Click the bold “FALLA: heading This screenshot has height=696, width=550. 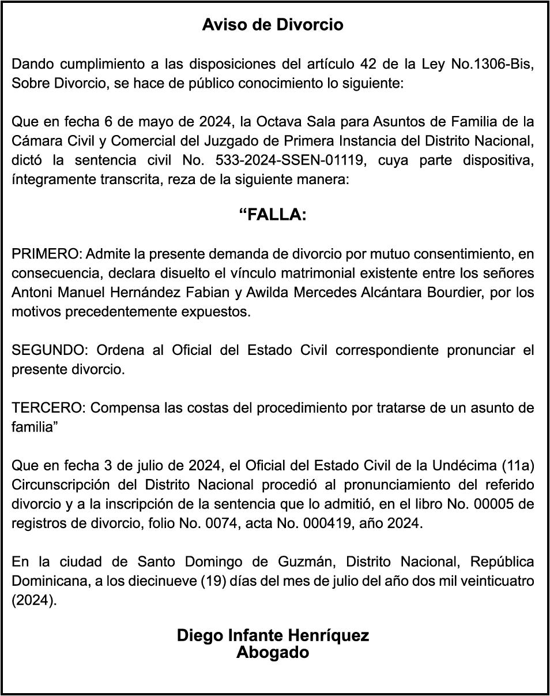tap(273, 215)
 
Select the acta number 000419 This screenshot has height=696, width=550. tap(354, 523)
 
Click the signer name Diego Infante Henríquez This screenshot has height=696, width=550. tap(273, 635)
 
